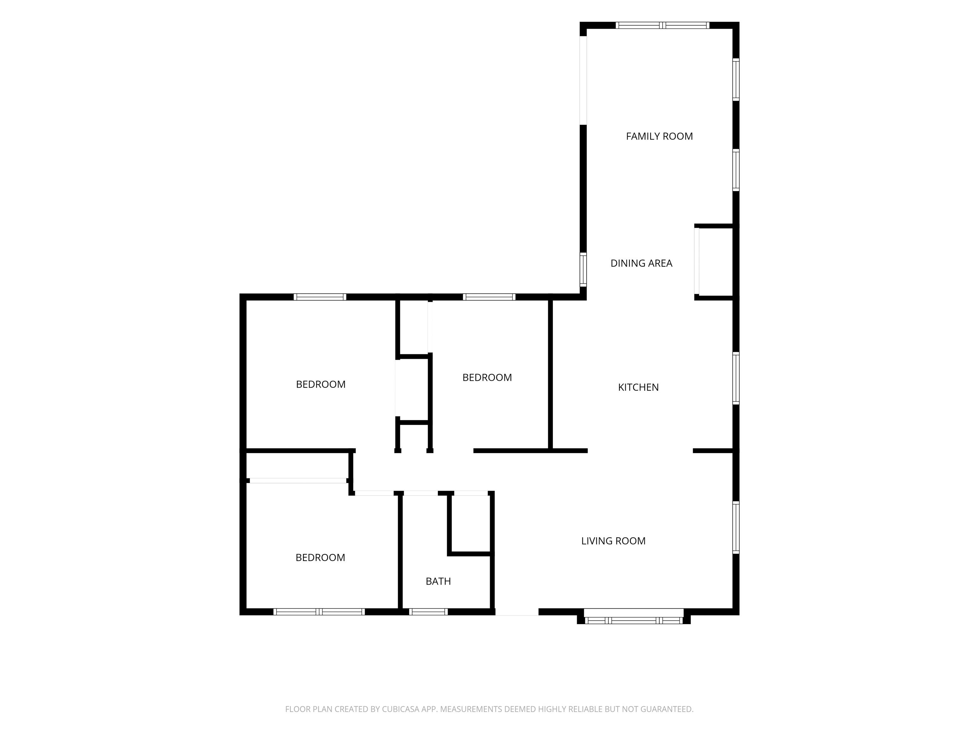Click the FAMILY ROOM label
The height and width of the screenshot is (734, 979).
point(659,136)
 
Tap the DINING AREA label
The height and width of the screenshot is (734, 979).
point(641,263)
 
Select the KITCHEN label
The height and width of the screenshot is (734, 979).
point(638,387)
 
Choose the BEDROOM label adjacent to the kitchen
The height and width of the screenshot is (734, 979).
point(487,378)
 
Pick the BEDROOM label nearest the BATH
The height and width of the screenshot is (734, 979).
point(320,558)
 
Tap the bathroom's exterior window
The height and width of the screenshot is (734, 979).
point(428,612)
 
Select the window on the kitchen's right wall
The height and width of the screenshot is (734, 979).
point(736,378)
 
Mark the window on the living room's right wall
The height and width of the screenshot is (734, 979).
point(736,527)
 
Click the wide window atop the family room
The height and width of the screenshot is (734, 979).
point(662,25)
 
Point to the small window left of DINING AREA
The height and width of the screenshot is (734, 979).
point(583,270)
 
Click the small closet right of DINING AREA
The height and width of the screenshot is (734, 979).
point(714,262)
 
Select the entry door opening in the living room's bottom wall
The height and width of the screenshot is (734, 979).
point(517,612)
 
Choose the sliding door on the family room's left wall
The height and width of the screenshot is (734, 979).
point(583,80)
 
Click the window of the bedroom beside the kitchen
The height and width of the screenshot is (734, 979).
point(489,297)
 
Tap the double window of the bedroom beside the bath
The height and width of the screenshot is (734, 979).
point(319,612)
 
